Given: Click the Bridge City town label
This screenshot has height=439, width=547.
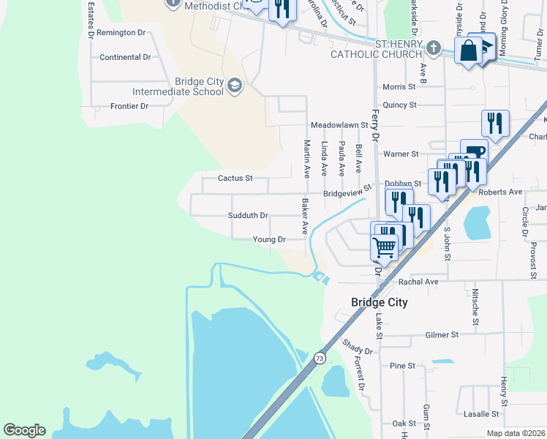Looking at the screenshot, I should click(379, 302).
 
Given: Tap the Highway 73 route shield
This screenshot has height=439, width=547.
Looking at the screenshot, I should click(320, 358).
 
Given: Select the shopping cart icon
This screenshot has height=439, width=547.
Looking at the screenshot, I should click(384, 247).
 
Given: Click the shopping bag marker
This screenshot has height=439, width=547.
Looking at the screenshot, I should click(467, 51).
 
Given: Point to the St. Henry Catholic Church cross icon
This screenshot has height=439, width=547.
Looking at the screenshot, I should click(434, 49).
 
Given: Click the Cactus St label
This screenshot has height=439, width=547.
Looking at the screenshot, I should click(235, 178).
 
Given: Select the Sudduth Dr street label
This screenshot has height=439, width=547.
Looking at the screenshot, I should click(248, 216).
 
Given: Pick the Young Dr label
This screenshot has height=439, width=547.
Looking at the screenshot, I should click(268, 239).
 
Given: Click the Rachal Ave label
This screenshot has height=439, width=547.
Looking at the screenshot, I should click(418, 281).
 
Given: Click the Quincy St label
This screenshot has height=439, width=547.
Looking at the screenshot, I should click(399, 105).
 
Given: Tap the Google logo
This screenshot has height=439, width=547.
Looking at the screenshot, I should click(24, 430).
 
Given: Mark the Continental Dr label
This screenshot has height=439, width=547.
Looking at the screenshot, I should click(125, 57).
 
